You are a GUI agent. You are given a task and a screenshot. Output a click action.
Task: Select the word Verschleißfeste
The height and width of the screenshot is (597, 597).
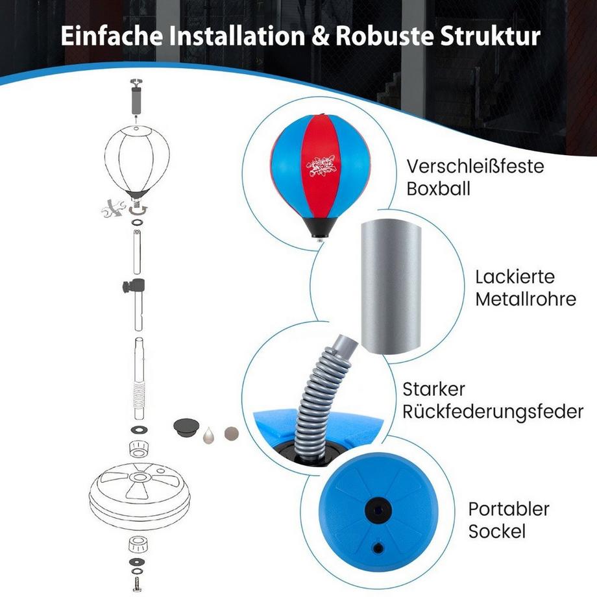coord(475,166)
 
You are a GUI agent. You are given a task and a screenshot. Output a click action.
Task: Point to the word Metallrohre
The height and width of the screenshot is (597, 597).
coord(526,300)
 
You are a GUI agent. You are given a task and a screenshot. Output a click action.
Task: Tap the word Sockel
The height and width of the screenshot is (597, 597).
coord(496,532)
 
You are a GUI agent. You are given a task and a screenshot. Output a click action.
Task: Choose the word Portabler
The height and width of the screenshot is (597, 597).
coord(509,509)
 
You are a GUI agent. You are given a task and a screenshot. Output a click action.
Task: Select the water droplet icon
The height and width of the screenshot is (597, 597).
coord(209,433)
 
